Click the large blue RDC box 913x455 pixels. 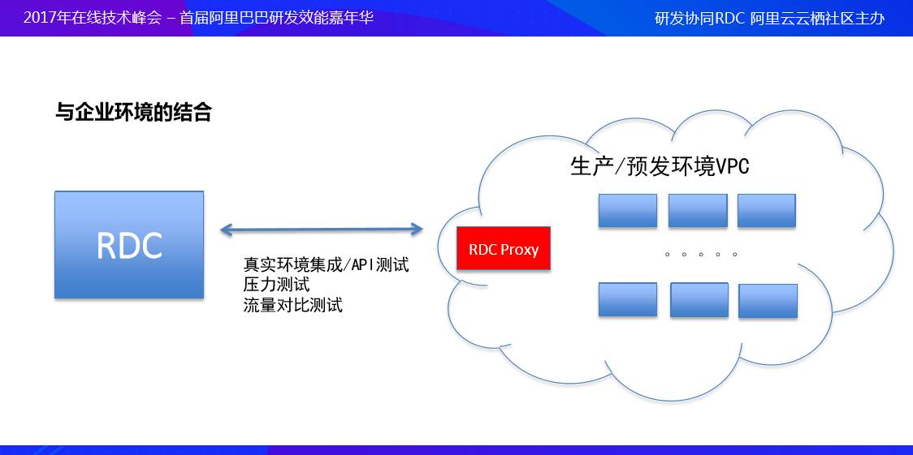pos(129,245)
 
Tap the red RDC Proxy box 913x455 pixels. pos(504,249)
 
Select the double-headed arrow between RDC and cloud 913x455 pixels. pos(322,230)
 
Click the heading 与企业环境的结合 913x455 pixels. pos(133,112)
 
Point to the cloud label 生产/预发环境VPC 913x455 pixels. pos(660,167)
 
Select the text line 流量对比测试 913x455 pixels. pos(293,304)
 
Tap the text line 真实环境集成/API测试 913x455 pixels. pos(326,265)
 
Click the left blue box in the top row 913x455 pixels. pos(628,210)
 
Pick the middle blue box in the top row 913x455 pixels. pos(698,210)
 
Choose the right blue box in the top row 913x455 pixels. pos(766,210)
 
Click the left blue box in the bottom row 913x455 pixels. pos(628,300)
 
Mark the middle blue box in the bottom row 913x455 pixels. pos(699,300)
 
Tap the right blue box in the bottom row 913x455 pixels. pos(768,301)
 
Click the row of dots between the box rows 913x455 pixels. pos(701,255)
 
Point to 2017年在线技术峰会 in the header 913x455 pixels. pos(92,17)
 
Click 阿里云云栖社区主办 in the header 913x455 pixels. pos(817,19)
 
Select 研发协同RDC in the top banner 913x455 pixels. pos(700,19)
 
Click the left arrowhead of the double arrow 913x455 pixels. pos(227,230)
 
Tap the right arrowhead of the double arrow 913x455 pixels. pos(417,230)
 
